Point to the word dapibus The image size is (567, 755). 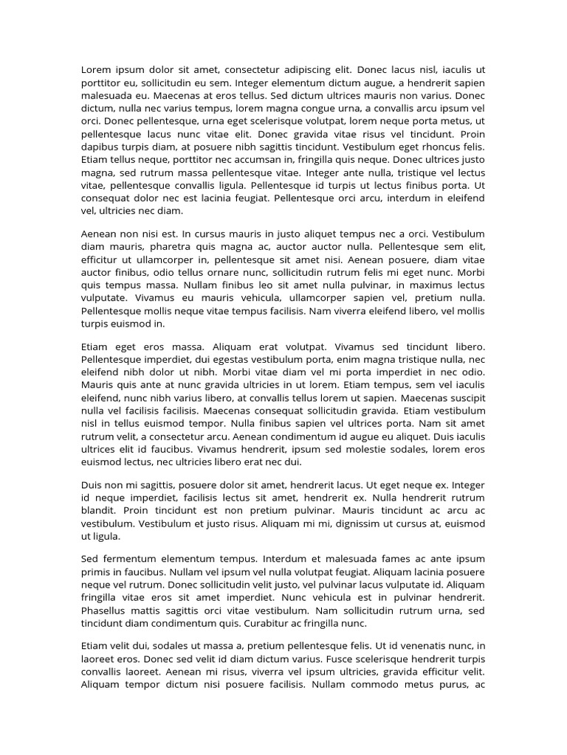point(100,147)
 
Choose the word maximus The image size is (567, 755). point(424,285)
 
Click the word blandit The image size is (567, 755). point(98,511)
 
